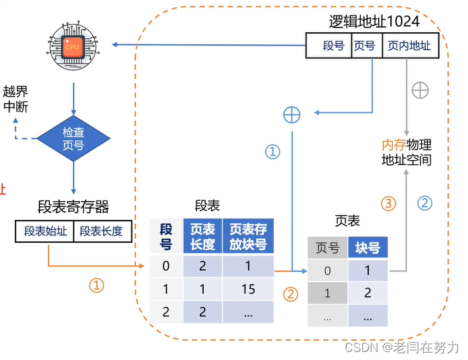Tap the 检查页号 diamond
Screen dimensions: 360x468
point(73,138)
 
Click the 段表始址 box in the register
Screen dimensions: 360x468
point(46,231)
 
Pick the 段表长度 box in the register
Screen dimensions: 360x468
point(101,231)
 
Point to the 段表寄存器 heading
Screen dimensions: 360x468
point(73,206)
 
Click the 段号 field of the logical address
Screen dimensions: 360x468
point(333,46)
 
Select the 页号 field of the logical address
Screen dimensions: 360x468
point(364,46)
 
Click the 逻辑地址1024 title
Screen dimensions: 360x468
point(374,21)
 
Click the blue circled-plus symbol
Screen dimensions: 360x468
point(292,115)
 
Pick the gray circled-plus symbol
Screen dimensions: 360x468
point(420,90)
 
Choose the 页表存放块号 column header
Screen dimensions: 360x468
point(247,237)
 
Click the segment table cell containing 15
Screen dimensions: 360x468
point(247,289)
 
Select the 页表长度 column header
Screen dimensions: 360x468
point(202,237)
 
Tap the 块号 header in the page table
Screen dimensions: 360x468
point(368,248)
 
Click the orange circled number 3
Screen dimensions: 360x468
point(389,202)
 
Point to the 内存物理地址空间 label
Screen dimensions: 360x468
point(406,152)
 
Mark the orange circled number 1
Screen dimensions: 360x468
point(97,286)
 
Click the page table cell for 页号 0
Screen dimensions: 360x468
point(327,271)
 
